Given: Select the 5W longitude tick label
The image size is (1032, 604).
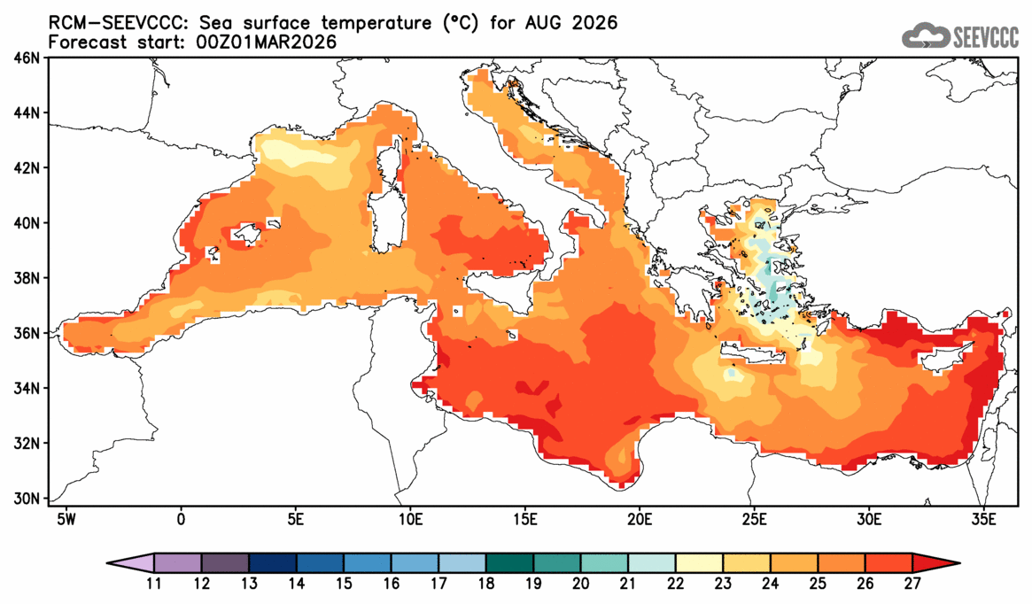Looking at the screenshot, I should [x=65, y=517].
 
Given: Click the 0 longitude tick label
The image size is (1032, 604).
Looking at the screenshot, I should [x=181, y=517].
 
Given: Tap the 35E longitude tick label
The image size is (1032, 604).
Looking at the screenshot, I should [x=983, y=517].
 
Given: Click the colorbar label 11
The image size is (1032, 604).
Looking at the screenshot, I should [x=154, y=585].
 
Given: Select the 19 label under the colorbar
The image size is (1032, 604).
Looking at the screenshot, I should [x=534, y=585].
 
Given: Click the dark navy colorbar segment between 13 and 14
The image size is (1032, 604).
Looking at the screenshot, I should [x=273, y=563].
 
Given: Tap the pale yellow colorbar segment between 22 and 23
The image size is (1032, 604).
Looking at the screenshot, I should [x=700, y=563].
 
